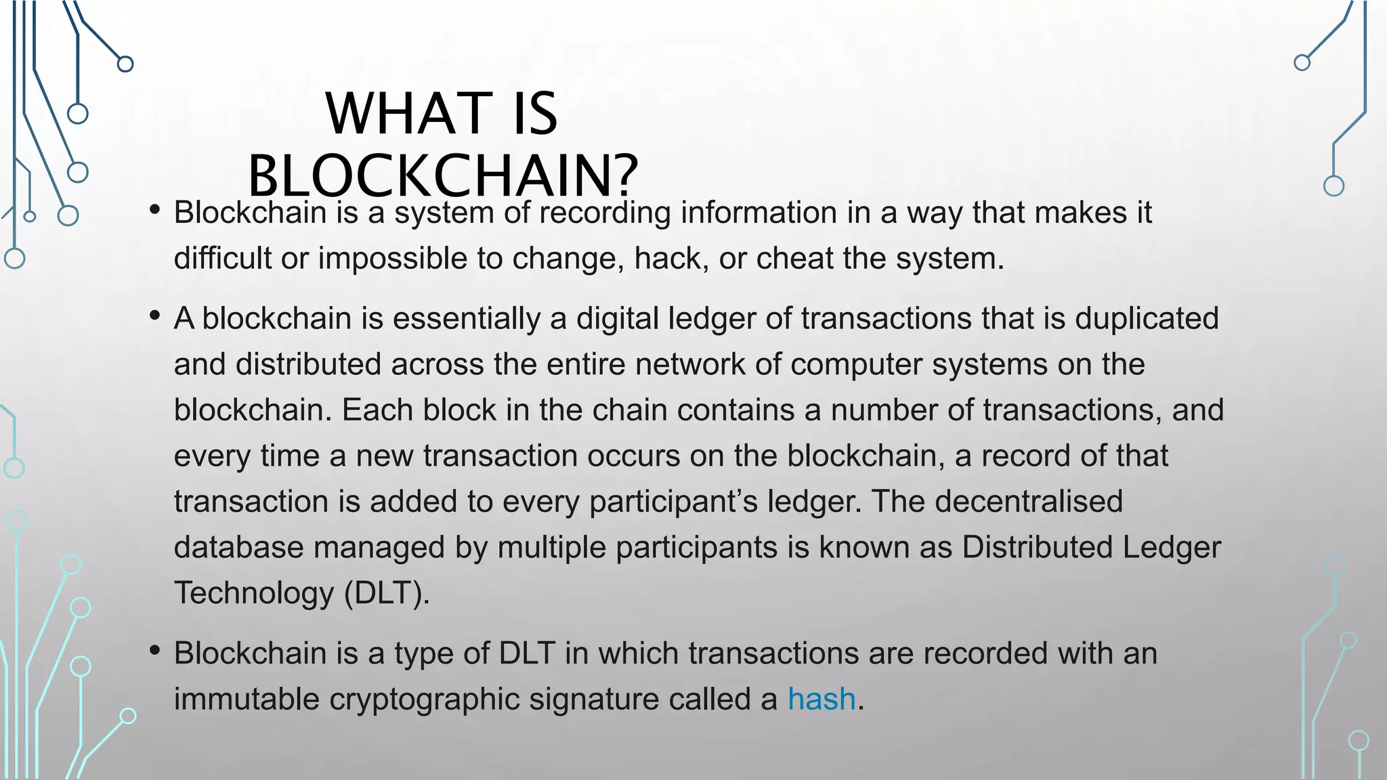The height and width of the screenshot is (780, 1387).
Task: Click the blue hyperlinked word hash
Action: tap(821, 699)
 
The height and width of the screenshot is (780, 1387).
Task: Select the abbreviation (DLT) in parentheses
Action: tap(387, 593)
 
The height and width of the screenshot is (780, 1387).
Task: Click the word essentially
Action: tap(466, 318)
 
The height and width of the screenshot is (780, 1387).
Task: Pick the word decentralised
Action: tap(1029, 502)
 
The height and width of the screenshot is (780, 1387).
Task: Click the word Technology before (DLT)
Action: tap(253, 593)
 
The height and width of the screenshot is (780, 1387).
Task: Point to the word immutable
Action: tap(246, 699)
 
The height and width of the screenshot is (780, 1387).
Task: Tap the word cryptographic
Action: tap(424, 699)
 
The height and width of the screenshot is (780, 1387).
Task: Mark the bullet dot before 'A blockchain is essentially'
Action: tap(155, 316)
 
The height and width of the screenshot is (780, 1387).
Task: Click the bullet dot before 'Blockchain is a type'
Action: tap(155, 651)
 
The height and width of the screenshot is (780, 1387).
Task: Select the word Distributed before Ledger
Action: tap(1037, 547)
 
